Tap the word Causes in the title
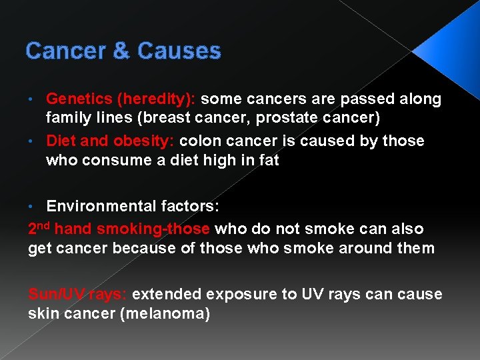click(x=179, y=51)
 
